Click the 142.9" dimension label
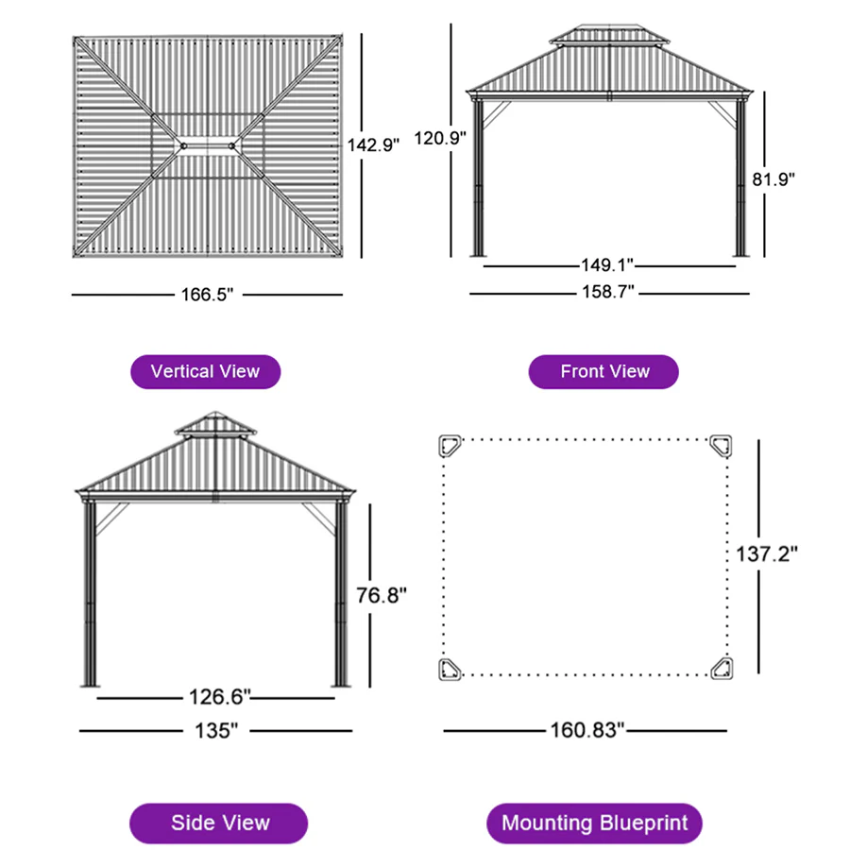(x=374, y=144)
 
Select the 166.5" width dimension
(x=206, y=295)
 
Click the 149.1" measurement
(x=606, y=266)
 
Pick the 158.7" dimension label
(x=606, y=292)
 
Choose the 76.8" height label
(x=382, y=595)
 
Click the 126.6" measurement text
(x=216, y=698)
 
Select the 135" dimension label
(x=216, y=730)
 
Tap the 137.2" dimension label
(x=767, y=553)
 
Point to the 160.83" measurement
(x=587, y=730)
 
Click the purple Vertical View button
(x=205, y=371)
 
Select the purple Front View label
(x=604, y=371)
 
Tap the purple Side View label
(x=219, y=823)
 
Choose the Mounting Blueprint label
(x=594, y=823)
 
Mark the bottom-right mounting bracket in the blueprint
(x=722, y=669)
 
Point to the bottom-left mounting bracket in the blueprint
(x=450, y=669)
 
